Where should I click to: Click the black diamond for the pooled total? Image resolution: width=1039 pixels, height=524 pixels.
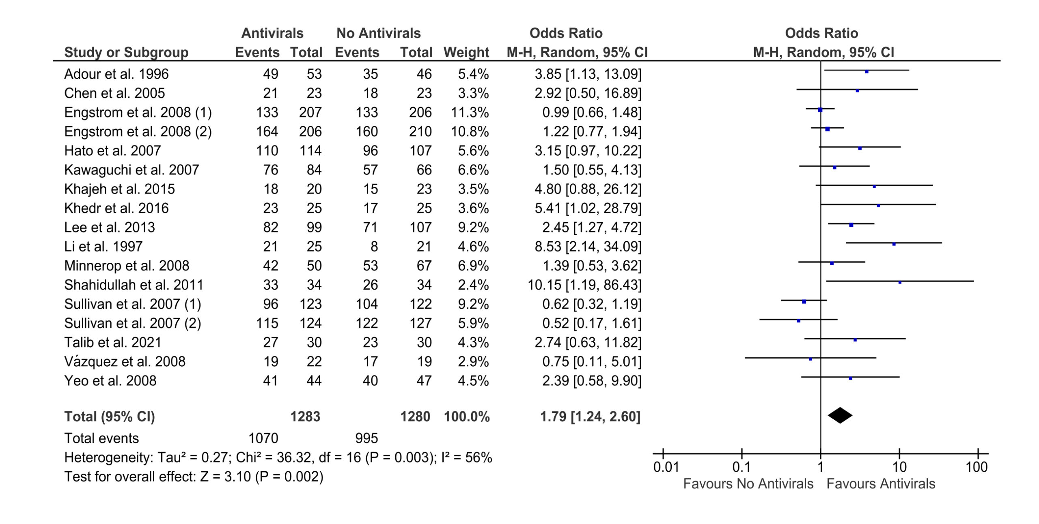[840, 415]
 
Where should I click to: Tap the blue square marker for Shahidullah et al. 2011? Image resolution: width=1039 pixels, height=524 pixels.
[900, 282]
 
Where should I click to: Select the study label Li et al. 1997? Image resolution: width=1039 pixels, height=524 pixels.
[103, 246]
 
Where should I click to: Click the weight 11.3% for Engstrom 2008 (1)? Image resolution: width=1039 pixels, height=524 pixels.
[470, 112]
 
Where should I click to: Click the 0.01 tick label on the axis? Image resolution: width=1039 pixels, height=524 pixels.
[666, 467]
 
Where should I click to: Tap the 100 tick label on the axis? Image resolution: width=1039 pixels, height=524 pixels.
[976, 467]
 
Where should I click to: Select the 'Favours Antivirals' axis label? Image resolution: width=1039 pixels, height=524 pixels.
[881, 484]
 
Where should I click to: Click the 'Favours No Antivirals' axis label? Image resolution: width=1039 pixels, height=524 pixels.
[748, 484]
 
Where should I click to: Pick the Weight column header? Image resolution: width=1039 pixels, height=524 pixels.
[466, 52]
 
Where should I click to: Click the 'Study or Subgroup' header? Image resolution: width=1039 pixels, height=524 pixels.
[126, 52]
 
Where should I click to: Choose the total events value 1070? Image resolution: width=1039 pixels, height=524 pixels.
[263, 438]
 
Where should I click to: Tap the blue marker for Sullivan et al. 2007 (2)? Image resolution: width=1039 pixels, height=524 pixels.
[798, 321]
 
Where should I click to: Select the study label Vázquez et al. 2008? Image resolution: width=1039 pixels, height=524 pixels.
[125, 361]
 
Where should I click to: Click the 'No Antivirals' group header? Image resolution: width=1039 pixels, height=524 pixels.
[378, 33]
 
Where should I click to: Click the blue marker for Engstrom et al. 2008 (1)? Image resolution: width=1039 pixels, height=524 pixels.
[820, 110]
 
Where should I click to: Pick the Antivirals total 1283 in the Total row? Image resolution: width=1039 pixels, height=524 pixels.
[305, 417]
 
